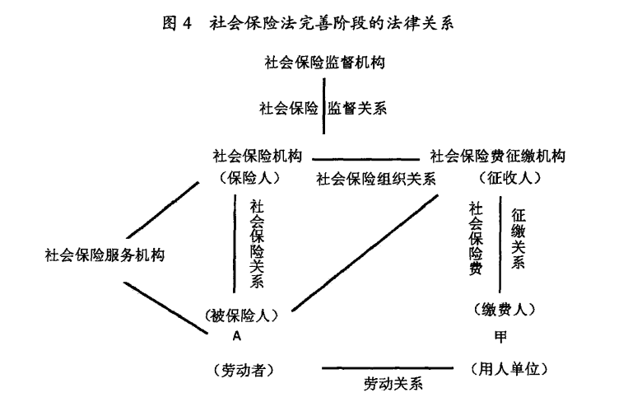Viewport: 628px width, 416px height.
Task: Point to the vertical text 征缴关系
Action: pos(518,239)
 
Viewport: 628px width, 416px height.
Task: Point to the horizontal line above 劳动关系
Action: pos(388,367)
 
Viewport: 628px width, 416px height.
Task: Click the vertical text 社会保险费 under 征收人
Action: pos(476,239)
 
